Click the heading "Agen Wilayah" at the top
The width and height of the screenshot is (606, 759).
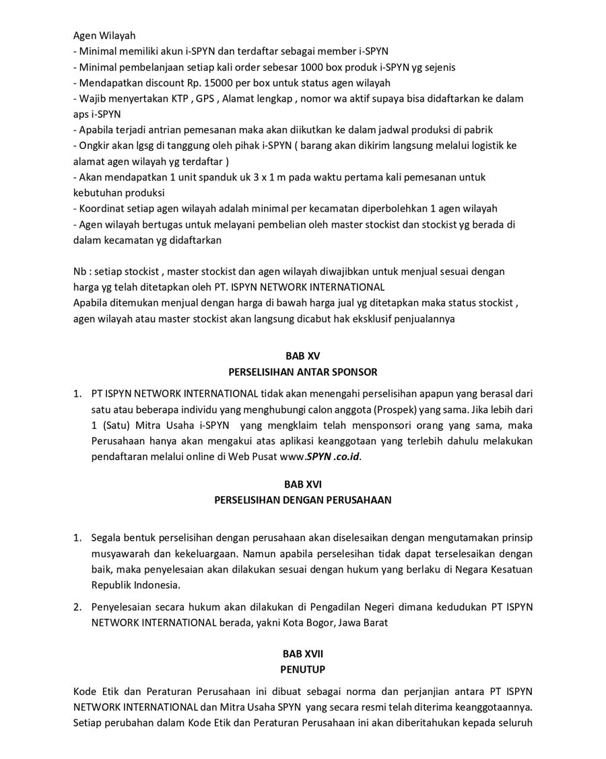pos(104,36)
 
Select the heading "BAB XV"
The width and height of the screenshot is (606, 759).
pos(303,356)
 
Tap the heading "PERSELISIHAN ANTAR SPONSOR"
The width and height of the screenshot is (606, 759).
pos(303,372)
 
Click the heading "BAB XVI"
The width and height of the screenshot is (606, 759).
pos(303,484)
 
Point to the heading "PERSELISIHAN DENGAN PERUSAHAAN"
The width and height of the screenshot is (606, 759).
pos(303,500)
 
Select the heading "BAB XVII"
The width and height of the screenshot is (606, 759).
pos(303,653)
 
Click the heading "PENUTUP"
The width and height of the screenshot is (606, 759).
pos(303,669)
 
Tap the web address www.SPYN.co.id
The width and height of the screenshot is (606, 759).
pos(321,457)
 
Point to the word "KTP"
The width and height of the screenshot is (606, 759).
pos(180,98)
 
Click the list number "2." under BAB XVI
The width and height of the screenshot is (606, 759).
pos(77,607)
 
